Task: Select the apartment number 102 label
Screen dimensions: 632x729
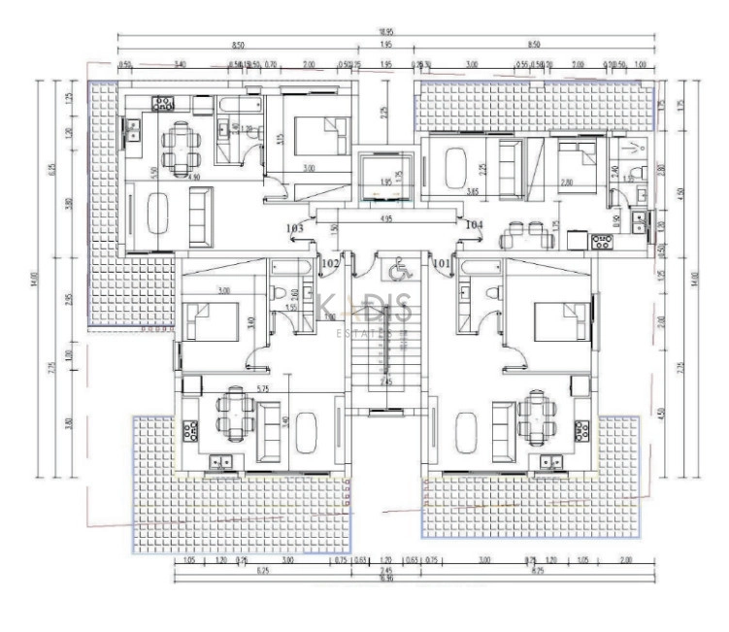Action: coord(330,262)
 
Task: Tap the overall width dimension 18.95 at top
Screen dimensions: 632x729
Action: coord(385,32)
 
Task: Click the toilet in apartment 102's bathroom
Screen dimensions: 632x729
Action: coord(279,293)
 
